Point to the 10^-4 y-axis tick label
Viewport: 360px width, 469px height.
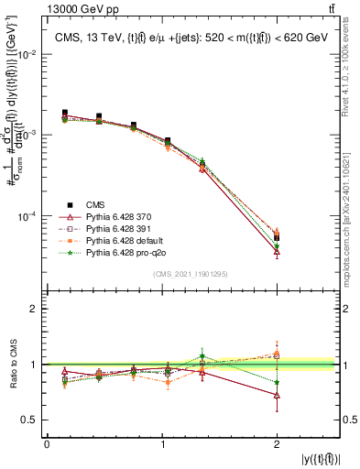point(27,217)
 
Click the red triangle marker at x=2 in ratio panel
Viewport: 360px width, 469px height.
point(277,395)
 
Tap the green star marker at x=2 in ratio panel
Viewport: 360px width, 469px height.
point(277,382)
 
